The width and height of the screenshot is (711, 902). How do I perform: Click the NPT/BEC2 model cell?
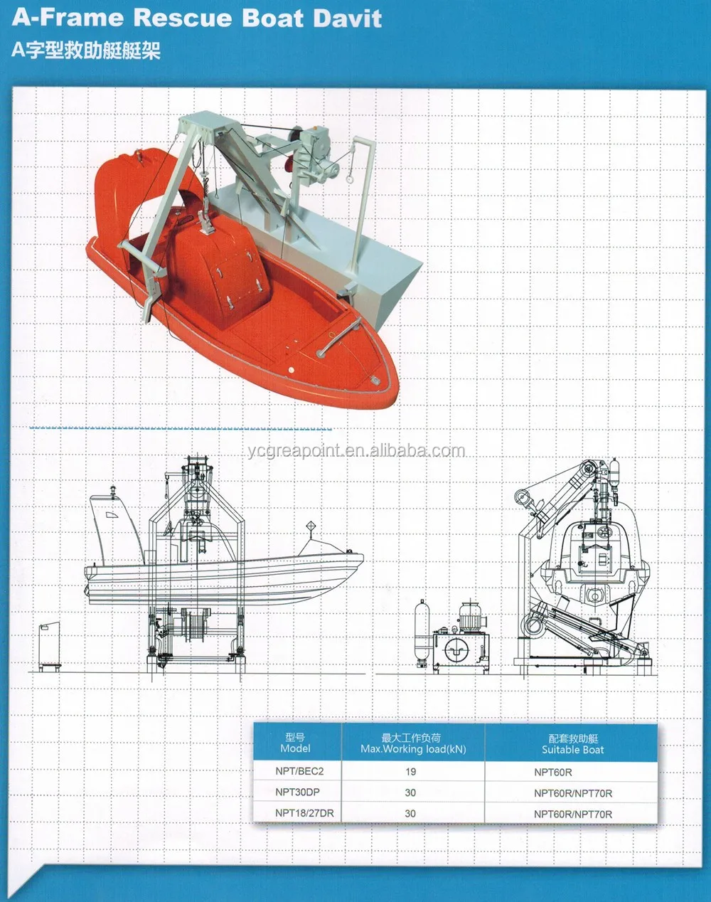[299, 771]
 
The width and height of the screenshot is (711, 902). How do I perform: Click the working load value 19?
[410, 771]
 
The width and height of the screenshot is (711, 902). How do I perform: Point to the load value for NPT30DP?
[410, 792]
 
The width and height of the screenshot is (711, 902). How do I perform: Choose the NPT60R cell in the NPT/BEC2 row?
[552, 772]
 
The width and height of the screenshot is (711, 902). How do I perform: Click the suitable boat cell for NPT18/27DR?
[573, 814]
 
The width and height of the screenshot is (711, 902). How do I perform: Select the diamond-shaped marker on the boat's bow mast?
[310, 526]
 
